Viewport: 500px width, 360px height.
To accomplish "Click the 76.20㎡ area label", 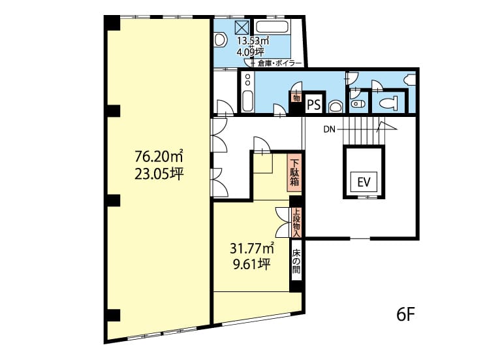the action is click(x=159, y=156).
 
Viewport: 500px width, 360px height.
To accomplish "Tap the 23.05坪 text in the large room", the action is click(x=159, y=174).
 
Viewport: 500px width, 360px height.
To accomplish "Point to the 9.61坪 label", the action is click(x=252, y=264).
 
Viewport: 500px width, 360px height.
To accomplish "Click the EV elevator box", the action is click(x=364, y=182).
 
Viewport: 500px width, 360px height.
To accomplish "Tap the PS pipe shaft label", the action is click(x=314, y=105).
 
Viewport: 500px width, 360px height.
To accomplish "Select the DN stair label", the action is click(x=330, y=129).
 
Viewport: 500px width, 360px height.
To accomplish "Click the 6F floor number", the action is click(x=405, y=316).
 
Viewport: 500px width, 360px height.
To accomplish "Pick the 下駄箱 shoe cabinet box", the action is click(x=294, y=173).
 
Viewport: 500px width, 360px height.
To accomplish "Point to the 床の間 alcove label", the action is click(x=296, y=261).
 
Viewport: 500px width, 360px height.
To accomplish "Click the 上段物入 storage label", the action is click(x=296, y=223).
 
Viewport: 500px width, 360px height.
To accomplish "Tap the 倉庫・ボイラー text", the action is click(x=279, y=63).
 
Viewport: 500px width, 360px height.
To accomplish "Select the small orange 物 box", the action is click(x=296, y=97).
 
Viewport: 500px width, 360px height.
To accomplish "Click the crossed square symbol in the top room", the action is click(x=242, y=27).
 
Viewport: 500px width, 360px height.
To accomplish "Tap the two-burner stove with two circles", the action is click(x=247, y=80).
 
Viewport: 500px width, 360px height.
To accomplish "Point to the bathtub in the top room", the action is click(x=273, y=27).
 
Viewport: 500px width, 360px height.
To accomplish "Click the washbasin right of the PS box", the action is click(x=335, y=106).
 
